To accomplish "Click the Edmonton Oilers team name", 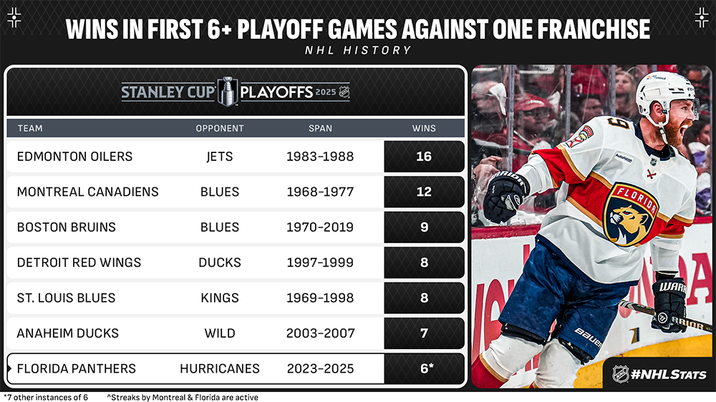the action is tap(74, 157).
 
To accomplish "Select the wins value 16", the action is tap(424, 157).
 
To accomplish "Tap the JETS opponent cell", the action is tap(220, 157).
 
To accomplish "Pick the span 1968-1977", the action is tap(320, 192).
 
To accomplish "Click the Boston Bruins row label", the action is tap(66, 227).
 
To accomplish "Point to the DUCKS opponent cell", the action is tap(220, 263).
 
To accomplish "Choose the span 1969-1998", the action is tap(320, 298).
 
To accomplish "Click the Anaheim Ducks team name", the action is tap(67, 333).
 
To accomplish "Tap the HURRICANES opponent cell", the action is tap(220, 368).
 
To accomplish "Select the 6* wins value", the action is tap(427, 368).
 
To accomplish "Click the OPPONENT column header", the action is tap(220, 129).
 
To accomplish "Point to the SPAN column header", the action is tap(320, 129).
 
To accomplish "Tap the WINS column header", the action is tap(424, 129).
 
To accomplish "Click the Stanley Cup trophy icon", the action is tap(228, 92).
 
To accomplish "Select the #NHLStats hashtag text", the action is tap(669, 375).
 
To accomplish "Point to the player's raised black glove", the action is tap(505, 195).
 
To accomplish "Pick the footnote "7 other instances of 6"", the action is tap(46, 398).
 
